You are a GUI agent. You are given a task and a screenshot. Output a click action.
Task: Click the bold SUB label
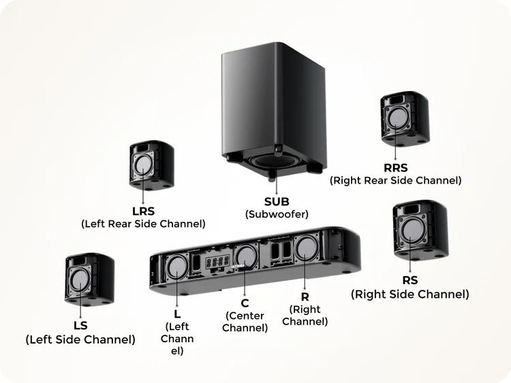pos(277,201)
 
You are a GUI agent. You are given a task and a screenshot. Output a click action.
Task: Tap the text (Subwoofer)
pos(277,214)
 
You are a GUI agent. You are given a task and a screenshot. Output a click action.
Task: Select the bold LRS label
pos(144,210)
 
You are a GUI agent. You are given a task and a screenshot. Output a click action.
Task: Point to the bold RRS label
pos(396,167)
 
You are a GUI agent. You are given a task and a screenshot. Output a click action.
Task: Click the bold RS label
pos(410,280)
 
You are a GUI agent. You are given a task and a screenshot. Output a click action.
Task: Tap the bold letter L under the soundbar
pos(177,314)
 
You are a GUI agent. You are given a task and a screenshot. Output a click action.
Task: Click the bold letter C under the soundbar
pos(245,303)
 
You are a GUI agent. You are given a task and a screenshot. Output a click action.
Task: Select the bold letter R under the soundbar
pos(305,297)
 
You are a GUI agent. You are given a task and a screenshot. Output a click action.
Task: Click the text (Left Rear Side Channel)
pos(144,223)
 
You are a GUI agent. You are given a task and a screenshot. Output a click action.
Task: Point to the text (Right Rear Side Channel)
pos(396,180)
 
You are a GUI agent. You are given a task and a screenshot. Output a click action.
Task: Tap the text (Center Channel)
pos(246,322)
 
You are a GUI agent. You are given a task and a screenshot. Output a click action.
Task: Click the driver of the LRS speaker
pos(144,165)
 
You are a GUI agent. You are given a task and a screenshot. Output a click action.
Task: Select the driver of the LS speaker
pos(81,280)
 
